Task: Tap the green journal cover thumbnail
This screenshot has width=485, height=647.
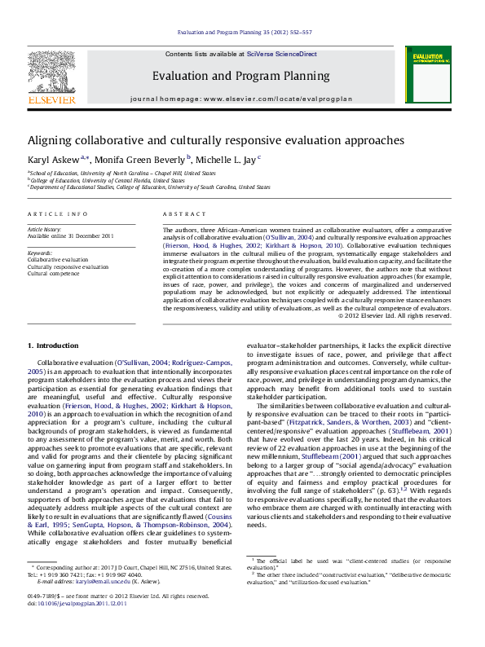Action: [428, 74]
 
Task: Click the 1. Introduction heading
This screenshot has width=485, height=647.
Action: [53, 346]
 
